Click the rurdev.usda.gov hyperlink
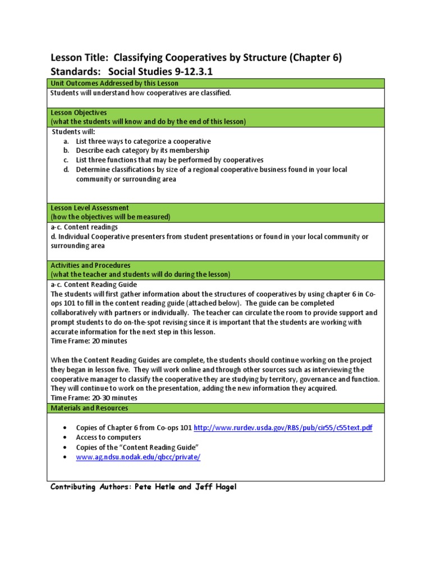pyautogui.click(x=283, y=428)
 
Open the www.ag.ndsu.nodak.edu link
pyautogui.click(x=138, y=457)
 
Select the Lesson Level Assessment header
pyautogui.click(x=90, y=208)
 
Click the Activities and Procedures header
pyautogui.click(x=91, y=265)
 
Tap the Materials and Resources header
pyautogui.click(x=89, y=408)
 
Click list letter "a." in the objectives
pyautogui.click(x=66, y=142)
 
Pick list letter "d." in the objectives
pyautogui.click(x=66, y=170)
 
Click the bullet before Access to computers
pyautogui.click(x=66, y=437)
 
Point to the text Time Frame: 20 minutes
pyautogui.click(x=89, y=341)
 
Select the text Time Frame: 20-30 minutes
pyautogui.click(x=94, y=398)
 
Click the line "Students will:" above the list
pyautogui.click(x=74, y=131)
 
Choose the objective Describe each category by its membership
pyautogui.click(x=143, y=150)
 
